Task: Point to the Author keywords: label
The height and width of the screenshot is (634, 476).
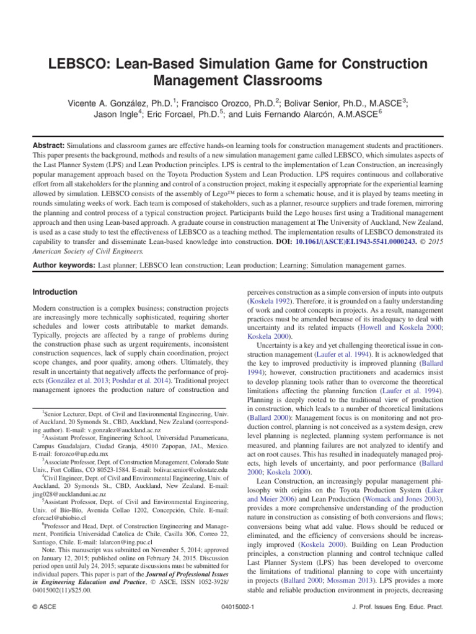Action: point(68,266)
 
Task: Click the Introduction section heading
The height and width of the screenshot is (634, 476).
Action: point(55,292)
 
